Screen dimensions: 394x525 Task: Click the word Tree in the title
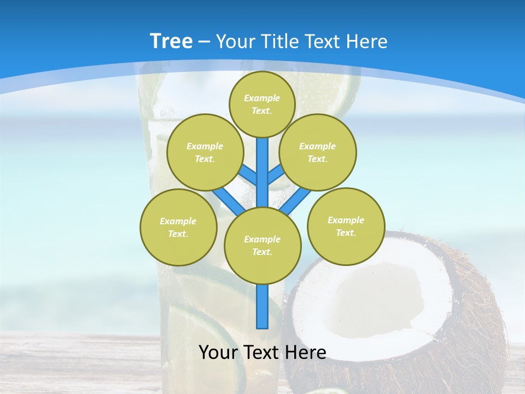[x=171, y=42]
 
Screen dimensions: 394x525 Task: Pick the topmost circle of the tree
[x=262, y=104]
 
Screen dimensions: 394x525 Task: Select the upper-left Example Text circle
[x=205, y=152]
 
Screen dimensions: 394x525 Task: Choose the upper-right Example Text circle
[x=317, y=152]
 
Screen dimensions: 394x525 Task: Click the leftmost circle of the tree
[x=178, y=227]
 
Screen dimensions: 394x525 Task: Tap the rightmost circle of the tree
[x=346, y=226]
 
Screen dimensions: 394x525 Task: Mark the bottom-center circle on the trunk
[x=262, y=245]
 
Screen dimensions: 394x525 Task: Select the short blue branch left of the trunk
[x=248, y=175]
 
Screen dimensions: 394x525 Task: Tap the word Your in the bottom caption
[x=218, y=352]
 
